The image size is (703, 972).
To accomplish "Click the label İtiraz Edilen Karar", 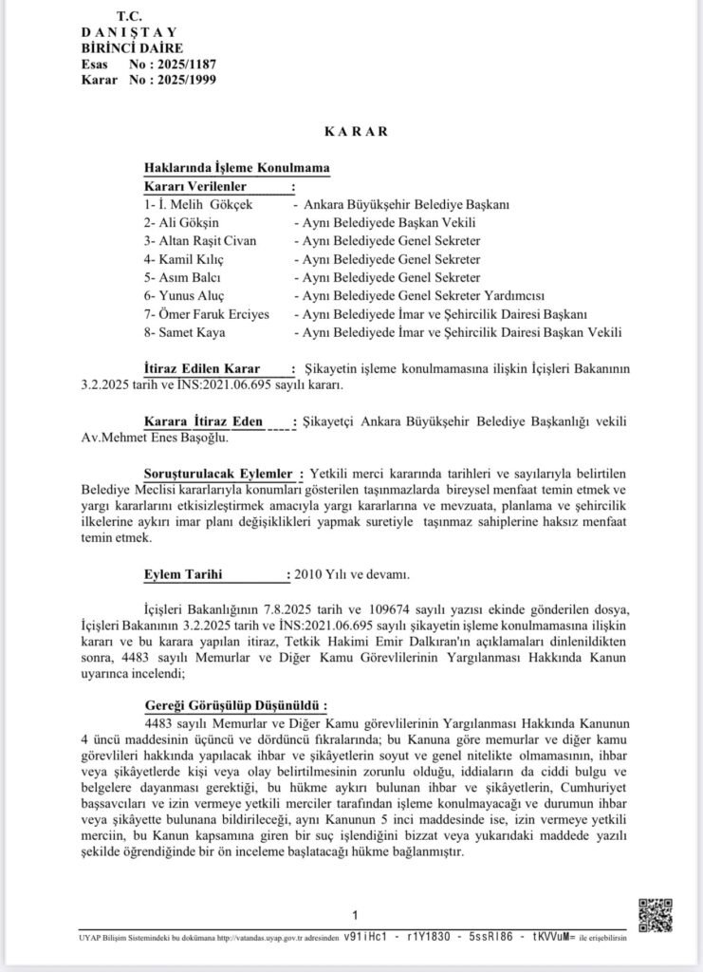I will point(197,367).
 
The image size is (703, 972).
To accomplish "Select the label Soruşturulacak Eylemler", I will point(218,473).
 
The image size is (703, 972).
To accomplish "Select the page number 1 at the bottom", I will point(355,915).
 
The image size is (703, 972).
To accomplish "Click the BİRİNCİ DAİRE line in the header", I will point(132,47).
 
